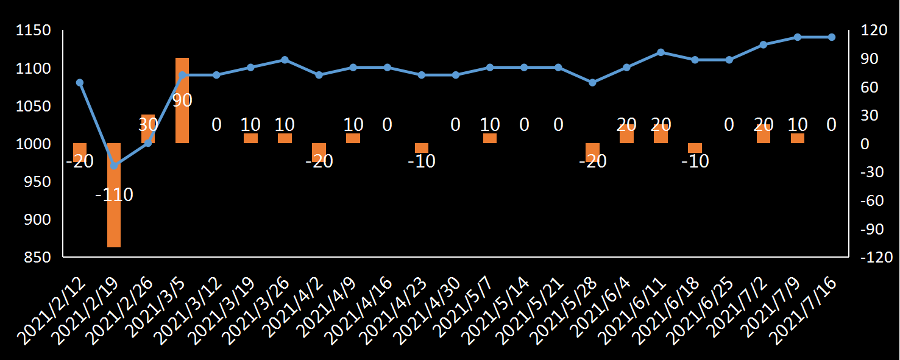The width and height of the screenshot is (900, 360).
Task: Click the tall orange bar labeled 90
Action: [x=182, y=101]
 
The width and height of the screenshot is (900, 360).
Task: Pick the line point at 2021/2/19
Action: [x=114, y=166]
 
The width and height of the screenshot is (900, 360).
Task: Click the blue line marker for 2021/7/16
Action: [x=831, y=37]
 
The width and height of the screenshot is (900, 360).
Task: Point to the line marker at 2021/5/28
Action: [x=592, y=82]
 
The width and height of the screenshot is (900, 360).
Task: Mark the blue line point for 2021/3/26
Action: [x=285, y=60]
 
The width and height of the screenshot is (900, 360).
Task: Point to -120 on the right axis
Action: [x=874, y=258]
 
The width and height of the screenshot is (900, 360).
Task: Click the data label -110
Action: [x=114, y=195]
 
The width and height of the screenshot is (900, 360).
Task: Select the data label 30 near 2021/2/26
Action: [x=148, y=125]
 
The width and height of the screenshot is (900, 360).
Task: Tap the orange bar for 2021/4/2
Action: [x=319, y=152]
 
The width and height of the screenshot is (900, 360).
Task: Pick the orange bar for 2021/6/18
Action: [x=695, y=148]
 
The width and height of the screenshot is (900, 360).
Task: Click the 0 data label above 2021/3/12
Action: [x=216, y=125]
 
